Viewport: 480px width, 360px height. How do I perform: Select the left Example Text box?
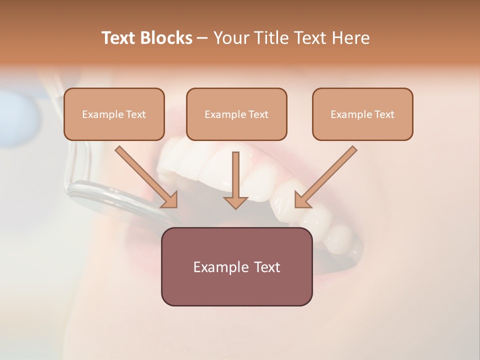[114, 114]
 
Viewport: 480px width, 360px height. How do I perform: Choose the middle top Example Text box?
[236, 114]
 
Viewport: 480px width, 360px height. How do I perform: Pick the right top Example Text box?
[362, 114]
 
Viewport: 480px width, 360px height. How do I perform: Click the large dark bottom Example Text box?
[236, 266]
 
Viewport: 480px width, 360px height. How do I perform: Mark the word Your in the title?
[231, 38]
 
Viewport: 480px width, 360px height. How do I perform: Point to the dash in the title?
[202, 38]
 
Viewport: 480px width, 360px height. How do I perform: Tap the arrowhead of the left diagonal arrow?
[170, 200]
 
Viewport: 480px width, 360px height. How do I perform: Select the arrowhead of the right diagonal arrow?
[302, 200]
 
